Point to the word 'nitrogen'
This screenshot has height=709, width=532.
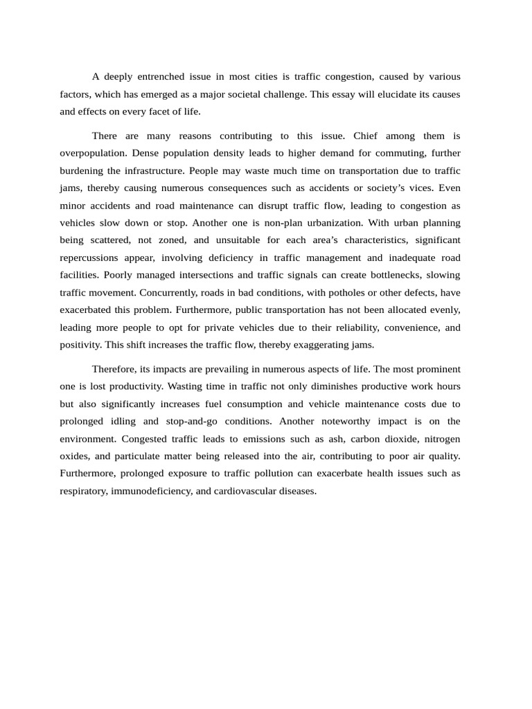point(442,439)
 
